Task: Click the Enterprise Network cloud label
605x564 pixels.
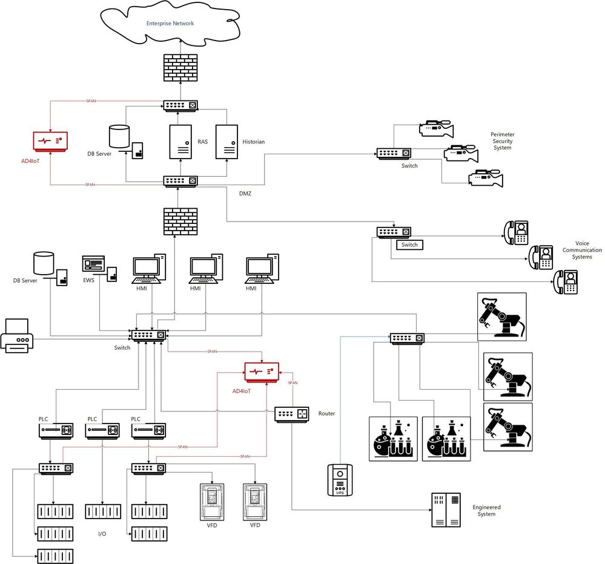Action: coord(170,24)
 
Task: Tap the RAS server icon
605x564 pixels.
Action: coord(180,142)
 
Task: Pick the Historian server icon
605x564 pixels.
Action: coord(226,142)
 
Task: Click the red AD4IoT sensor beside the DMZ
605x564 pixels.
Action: coord(50,140)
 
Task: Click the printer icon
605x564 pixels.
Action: coord(17,336)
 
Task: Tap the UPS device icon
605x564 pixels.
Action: coord(340,480)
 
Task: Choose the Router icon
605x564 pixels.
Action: coord(292,414)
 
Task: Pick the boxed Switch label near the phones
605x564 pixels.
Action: coord(409,245)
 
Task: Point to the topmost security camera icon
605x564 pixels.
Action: coord(436,128)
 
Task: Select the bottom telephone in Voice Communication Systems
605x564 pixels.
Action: coord(566,283)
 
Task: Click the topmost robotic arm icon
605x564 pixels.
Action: coord(502,316)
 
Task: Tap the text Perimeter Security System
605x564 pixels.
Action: coord(502,141)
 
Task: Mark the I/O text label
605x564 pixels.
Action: coord(102,534)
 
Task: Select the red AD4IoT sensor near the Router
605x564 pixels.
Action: coord(261,370)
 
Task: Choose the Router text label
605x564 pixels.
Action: coord(326,414)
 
